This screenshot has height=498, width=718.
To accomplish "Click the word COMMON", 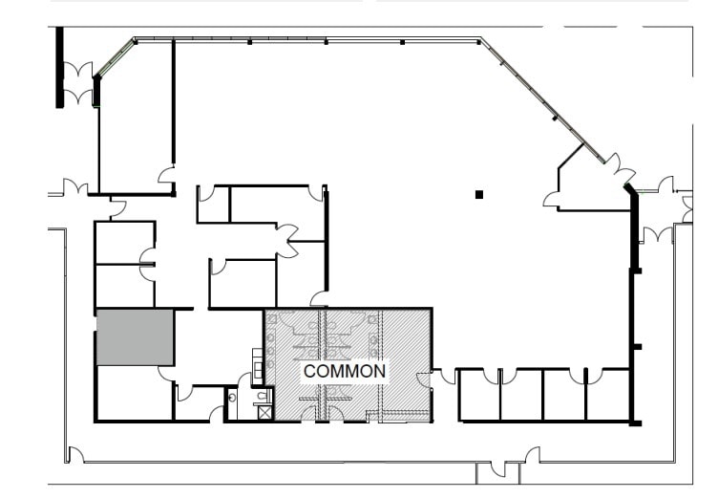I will [x=344, y=370].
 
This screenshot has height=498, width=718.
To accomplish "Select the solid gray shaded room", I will [x=135, y=336].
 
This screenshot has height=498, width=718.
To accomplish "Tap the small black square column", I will [x=479, y=195].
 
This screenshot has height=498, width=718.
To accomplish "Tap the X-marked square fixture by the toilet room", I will [x=264, y=413].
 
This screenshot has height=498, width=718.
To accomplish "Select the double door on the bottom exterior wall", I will [x=498, y=470].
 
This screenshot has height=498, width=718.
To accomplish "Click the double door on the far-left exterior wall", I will [x=74, y=187].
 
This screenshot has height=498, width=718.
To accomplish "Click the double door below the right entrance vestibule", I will [x=657, y=233].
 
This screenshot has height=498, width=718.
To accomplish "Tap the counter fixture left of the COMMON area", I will [x=257, y=366].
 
